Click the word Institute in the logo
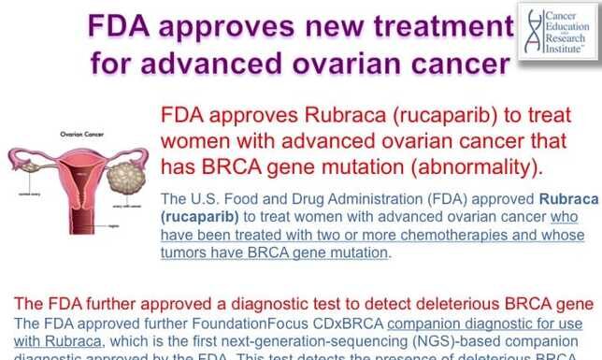click(x=562, y=55)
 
